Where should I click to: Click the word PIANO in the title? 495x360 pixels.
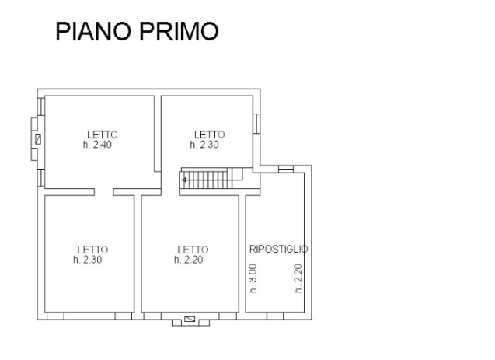coord(93,31)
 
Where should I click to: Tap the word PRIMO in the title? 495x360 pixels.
coord(179,31)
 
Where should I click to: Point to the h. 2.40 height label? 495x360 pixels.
coord(97,145)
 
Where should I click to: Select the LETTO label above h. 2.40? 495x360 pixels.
coord(103,135)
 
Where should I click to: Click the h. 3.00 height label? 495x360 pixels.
coord(253,278)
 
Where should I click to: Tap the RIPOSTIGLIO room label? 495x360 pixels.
coord(279,249)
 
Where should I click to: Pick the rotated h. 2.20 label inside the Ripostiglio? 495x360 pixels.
coord(298,278)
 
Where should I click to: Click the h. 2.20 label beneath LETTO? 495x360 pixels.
coord(189,260)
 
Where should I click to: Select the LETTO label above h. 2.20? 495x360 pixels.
coord(193,250)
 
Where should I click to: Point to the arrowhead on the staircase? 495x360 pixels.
coord(183,180)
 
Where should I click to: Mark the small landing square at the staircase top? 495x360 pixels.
coord(238,174)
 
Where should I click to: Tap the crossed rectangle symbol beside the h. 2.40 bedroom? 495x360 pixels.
coord(38,139)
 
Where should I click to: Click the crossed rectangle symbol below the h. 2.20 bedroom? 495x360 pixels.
coord(190,320)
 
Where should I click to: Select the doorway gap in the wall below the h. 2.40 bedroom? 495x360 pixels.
coord(104,192)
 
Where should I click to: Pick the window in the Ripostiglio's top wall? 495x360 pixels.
coord(286,169)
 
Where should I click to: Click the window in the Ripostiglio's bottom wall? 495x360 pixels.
coord(275,316)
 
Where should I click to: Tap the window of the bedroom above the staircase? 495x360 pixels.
coord(256,124)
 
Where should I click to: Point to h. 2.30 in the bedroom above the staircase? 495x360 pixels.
coord(204,145)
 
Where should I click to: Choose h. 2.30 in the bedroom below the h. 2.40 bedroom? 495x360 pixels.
coord(88,260)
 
